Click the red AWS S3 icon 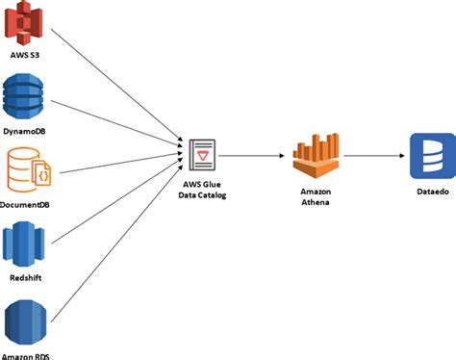tap(26, 24)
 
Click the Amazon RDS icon tap(25, 322)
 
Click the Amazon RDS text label tap(26, 355)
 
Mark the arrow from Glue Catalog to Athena tap(252, 154)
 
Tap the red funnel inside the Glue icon tap(204, 153)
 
